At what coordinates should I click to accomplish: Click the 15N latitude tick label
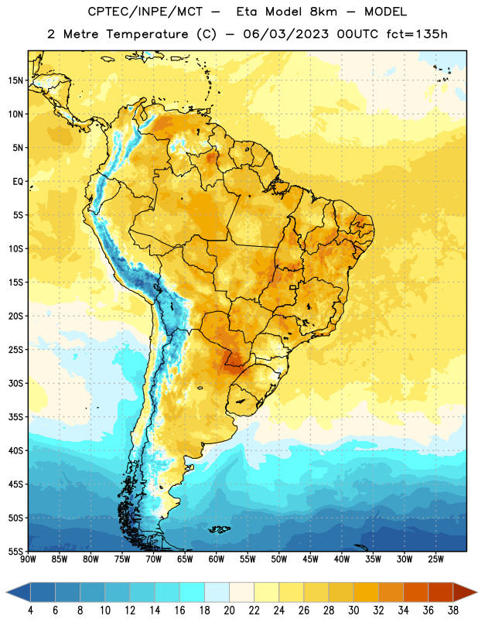[x=15, y=80]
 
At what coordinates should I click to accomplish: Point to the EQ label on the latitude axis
[x=18, y=182]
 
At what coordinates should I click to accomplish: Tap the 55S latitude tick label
[x=15, y=552]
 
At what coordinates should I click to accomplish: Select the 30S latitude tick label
[x=15, y=383]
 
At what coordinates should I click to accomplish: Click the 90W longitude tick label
[x=28, y=559]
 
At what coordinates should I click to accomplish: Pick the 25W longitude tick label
[x=435, y=559]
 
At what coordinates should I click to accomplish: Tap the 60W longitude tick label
[x=217, y=559]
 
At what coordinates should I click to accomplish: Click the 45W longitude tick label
[x=310, y=559]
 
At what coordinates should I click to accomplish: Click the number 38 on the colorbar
[x=453, y=610]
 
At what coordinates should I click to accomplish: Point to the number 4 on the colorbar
[x=30, y=610]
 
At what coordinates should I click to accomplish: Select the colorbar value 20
[x=229, y=610]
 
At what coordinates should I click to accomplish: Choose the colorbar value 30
[x=353, y=610]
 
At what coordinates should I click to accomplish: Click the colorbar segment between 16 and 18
[x=192, y=592]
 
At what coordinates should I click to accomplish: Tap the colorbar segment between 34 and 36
[x=415, y=592]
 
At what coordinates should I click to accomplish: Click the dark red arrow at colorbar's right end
[x=465, y=592]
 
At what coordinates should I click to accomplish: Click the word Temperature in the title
[x=147, y=34]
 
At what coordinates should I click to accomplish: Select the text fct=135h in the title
[x=417, y=34]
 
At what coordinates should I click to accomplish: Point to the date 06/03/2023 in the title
[x=285, y=34]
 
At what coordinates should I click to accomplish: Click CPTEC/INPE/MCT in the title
[x=145, y=12]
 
